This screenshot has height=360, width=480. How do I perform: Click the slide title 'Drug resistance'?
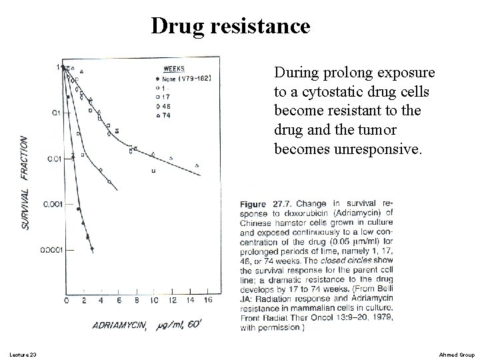click(x=230, y=26)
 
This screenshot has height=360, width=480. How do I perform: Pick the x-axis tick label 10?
click(x=153, y=301)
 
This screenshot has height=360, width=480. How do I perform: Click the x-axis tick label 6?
click(x=119, y=301)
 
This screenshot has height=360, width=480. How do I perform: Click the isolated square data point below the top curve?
click(x=153, y=171)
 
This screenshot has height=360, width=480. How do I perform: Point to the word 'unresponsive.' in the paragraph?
click(x=380, y=150)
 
